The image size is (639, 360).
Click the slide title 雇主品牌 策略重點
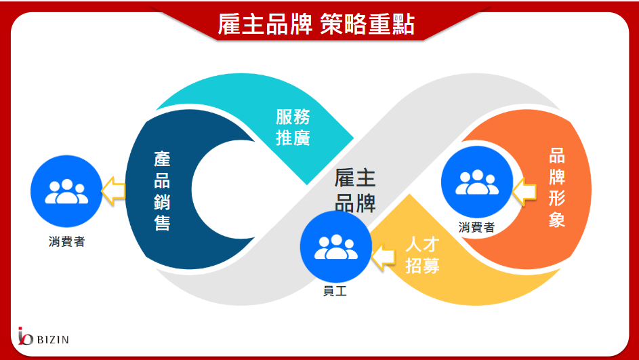click(316, 24)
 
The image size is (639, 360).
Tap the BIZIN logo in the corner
click(43, 336)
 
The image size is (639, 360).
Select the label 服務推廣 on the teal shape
click(293, 127)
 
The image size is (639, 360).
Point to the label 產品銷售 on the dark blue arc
click(162, 191)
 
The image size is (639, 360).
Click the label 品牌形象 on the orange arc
click(557, 188)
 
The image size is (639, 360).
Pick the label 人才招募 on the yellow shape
click(423, 256)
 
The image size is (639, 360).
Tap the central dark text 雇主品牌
click(355, 191)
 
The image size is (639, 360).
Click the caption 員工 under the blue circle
click(335, 291)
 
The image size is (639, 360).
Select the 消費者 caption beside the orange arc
click(476, 227)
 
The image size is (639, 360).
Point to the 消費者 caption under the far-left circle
click(66, 241)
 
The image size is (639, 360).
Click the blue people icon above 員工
click(336, 247)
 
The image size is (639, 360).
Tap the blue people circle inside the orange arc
click(477, 182)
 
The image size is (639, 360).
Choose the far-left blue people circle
click(66, 191)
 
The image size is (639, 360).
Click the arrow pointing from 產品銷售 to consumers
click(113, 191)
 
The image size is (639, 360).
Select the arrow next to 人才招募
click(383, 257)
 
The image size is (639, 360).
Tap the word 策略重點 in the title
click(367, 24)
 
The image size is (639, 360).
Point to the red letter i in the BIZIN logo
click(20, 336)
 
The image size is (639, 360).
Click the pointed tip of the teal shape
click(353, 138)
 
